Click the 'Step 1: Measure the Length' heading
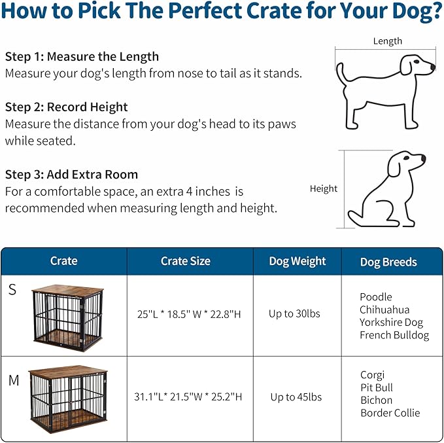[x=82, y=56]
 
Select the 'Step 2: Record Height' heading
[x=66, y=107]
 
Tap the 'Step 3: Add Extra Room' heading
[x=71, y=174]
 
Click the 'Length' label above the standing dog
[x=387, y=41]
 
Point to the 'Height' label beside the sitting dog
[x=324, y=188]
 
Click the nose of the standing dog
[x=432, y=67]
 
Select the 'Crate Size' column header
[x=186, y=261]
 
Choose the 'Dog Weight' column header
[x=298, y=261]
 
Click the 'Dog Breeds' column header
[x=388, y=262]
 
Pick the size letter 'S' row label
[x=12, y=290]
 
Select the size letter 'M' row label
[x=14, y=380]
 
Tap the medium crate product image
[x=67, y=397]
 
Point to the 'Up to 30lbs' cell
[x=294, y=313]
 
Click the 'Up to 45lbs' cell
[x=296, y=397]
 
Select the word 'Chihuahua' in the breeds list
[x=384, y=309]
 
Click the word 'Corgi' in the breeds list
[x=373, y=375]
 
